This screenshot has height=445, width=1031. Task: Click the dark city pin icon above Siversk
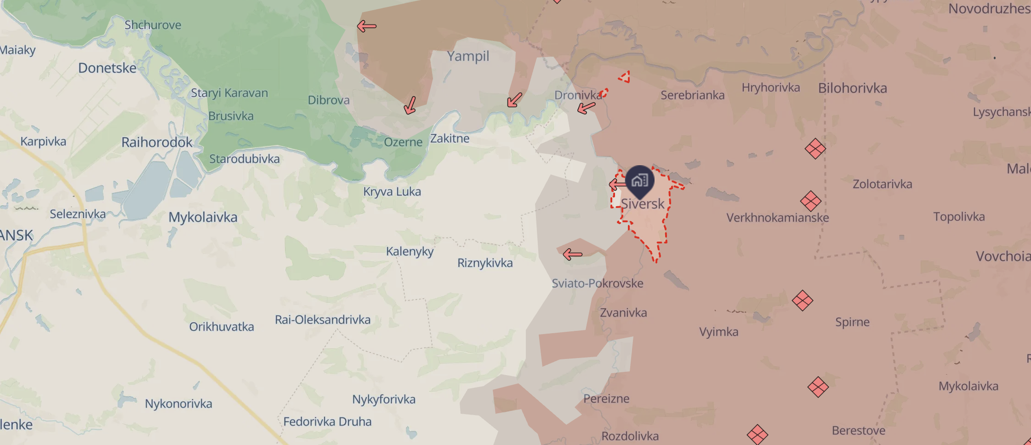click(639, 180)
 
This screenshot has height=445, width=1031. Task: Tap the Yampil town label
click(468, 56)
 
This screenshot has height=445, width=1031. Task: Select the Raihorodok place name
click(157, 142)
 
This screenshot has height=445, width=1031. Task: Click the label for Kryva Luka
click(392, 191)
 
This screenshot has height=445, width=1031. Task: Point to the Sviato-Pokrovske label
click(597, 283)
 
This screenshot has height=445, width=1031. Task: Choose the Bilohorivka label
click(852, 88)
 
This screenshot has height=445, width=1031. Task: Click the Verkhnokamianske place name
click(777, 218)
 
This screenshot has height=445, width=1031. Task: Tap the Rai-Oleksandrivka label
click(323, 320)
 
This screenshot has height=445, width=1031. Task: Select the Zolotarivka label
click(882, 184)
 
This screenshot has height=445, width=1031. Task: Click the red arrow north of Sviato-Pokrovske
click(573, 254)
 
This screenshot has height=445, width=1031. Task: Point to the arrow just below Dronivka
click(586, 108)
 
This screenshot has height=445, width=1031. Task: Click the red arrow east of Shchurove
click(367, 26)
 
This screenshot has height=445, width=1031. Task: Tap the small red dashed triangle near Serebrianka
click(625, 77)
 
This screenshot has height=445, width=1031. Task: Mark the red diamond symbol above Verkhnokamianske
click(810, 201)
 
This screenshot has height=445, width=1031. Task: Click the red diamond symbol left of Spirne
click(803, 301)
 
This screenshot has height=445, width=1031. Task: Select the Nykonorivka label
click(178, 404)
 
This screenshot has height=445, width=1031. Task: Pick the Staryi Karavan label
click(229, 93)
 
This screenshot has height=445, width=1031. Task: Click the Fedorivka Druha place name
click(327, 422)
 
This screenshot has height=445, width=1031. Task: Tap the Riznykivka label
click(485, 263)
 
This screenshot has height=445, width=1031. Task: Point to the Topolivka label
click(959, 217)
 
